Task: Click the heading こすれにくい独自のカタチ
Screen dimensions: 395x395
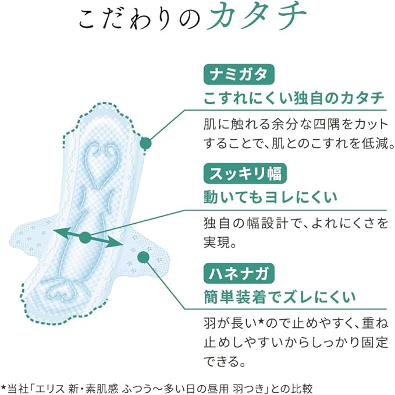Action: click(294, 98)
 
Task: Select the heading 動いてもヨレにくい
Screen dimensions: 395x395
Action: click(270, 198)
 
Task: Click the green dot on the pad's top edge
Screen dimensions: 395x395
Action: click(147, 142)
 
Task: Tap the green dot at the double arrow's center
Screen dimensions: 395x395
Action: click(86, 237)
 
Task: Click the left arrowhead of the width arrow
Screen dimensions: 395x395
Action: click(56, 231)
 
